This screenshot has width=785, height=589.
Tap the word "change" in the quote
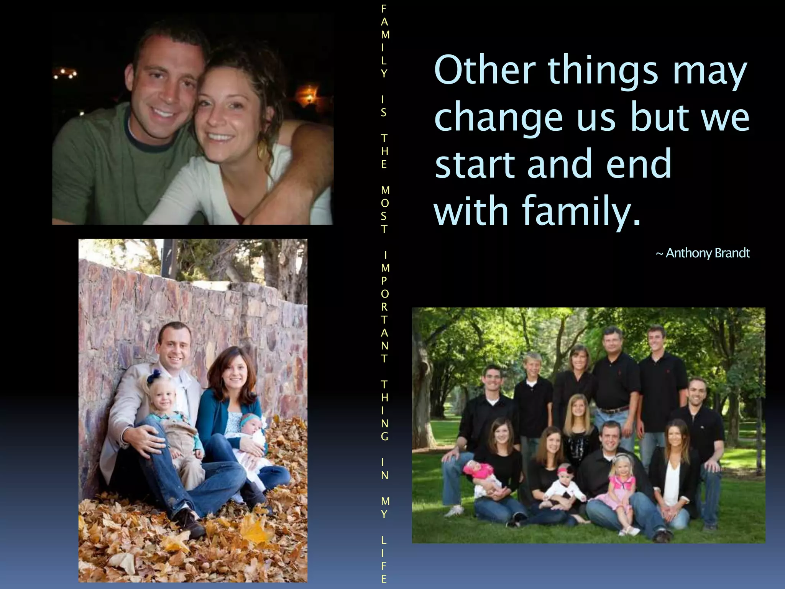coord(498,118)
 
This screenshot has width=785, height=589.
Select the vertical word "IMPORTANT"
coord(384,307)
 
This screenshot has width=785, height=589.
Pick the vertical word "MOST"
coord(384,209)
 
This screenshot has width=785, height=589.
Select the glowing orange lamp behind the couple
coord(309,94)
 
